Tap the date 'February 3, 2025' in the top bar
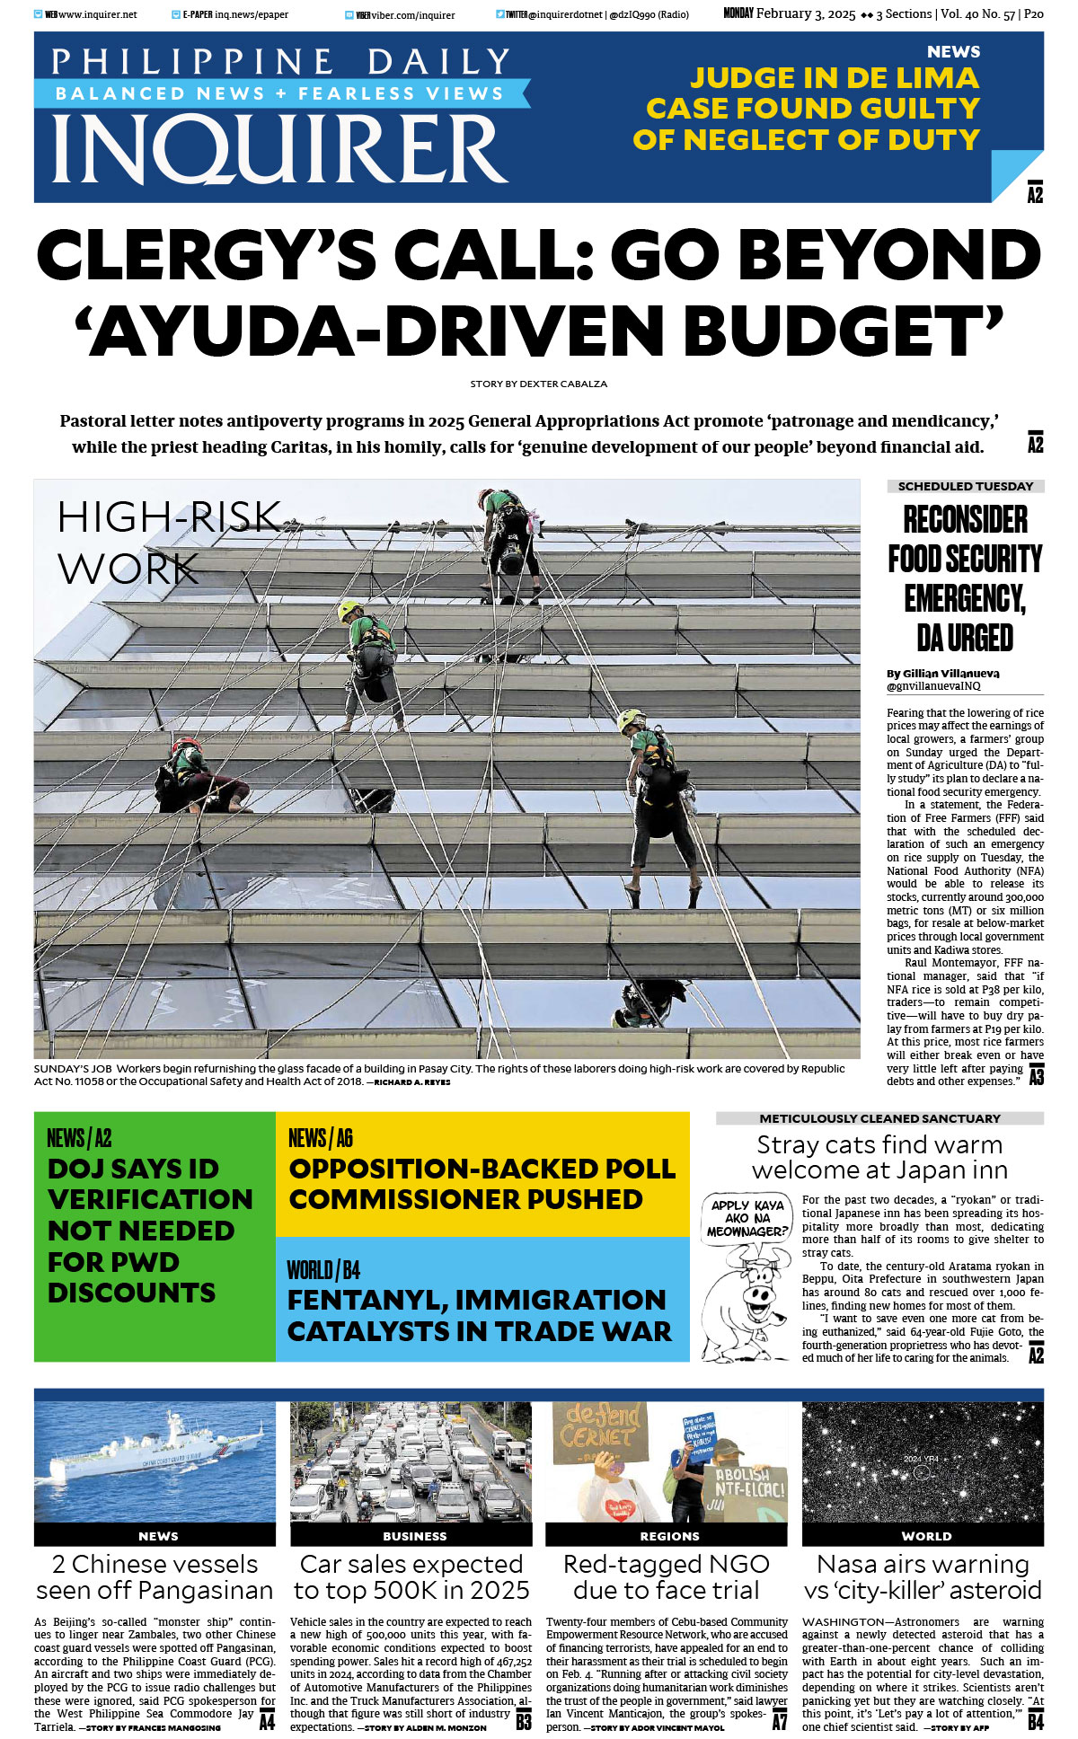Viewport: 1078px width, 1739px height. (x=805, y=14)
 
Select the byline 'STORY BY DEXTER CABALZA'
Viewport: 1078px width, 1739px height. (x=538, y=384)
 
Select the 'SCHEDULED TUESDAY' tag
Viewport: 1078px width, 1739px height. (x=965, y=486)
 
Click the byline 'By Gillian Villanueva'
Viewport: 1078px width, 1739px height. (x=942, y=673)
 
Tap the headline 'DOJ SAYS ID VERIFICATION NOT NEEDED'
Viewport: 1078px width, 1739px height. (x=149, y=1230)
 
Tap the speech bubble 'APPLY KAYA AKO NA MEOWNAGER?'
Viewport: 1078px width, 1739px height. (x=747, y=1218)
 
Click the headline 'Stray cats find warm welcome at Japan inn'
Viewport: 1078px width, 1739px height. (x=879, y=1157)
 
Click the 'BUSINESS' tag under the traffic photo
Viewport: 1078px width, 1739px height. (x=414, y=1536)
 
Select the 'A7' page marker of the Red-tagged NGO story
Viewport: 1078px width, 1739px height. (x=779, y=1721)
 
